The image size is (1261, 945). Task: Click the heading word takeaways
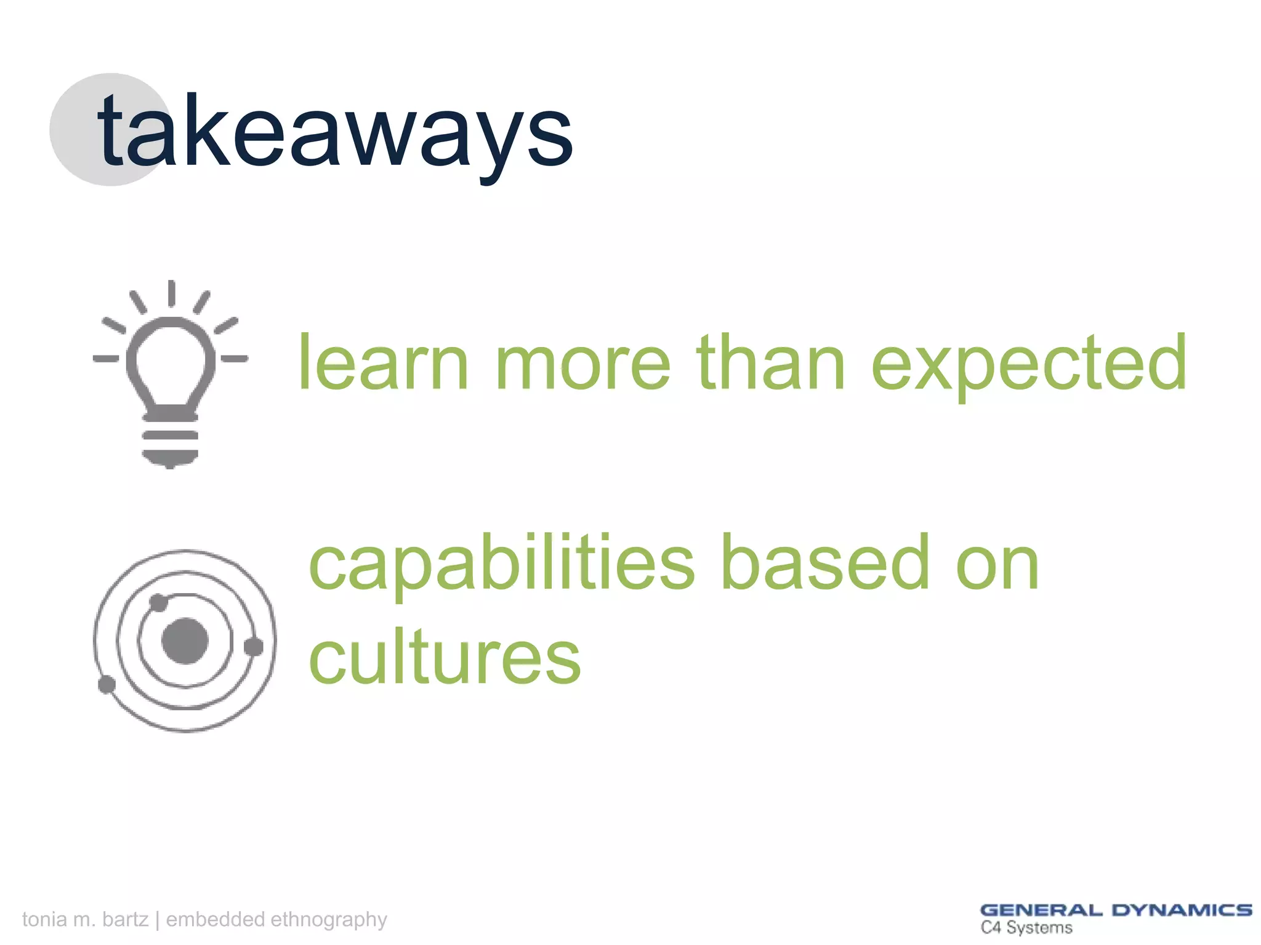[336, 132]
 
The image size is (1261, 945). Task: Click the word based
[825, 563]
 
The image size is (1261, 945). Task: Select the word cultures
[445, 658]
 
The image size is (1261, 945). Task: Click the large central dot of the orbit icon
[185, 641]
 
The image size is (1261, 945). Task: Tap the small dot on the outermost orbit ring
[107, 684]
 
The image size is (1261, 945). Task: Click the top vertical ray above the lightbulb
[172, 293]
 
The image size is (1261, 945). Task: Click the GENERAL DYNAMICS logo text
[1116, 910]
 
